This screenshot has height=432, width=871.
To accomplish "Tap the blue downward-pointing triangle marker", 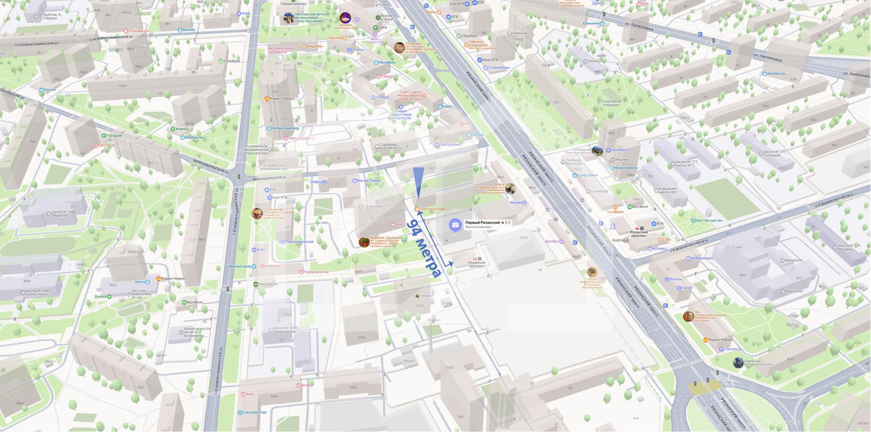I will [418, 182].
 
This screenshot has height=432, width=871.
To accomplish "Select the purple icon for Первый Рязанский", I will [455, 225].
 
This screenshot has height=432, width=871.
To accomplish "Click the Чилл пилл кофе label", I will [432, 209].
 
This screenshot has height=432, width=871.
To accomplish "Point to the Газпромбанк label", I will [499, 68].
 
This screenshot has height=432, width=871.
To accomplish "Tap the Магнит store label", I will [50, 90].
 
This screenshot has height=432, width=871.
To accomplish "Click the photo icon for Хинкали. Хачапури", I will [364, 242].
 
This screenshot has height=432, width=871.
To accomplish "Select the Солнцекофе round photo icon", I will [257, 214].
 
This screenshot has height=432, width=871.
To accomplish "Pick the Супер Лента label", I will [587, 175].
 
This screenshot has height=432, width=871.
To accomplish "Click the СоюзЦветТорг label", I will [254, 412].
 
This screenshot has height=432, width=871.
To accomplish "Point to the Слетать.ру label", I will [733, 349].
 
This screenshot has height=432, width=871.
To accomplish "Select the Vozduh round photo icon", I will [345, 18].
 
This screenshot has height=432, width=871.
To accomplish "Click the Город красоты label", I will [316, 272].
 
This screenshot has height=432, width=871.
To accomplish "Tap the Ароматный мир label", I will [285, 129].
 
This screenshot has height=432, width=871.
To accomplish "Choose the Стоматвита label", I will [138, 31].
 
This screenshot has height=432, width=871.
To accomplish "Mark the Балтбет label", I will [552, 242].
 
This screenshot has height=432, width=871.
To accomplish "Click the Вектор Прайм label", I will [368, 181].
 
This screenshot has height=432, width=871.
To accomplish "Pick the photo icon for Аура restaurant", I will [592, 272].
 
